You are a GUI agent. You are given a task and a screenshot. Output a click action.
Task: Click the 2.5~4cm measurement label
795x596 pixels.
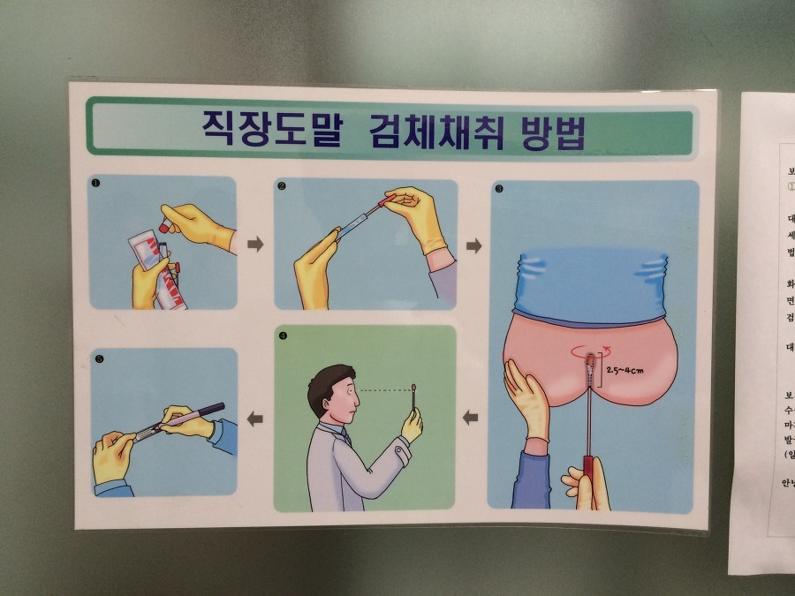(x=625, y=369)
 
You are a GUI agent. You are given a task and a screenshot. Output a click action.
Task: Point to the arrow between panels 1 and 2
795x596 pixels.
(x=255, y=244)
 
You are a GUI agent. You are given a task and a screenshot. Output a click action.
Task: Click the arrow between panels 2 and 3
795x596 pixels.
(x=473, y=245)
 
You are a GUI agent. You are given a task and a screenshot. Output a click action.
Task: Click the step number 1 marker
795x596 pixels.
(x=95, y=184)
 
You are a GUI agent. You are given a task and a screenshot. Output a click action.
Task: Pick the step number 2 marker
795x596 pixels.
(x=281, y=186)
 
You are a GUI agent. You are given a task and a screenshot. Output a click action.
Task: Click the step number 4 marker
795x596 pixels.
(x=282, y=336)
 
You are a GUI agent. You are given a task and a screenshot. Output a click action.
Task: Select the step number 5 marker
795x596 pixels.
(x=98, y=358)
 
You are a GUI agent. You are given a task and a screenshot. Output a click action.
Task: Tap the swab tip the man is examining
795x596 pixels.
(x=415, y=388)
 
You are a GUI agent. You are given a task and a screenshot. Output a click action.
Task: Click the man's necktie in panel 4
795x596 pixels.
(x=346, y=437)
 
